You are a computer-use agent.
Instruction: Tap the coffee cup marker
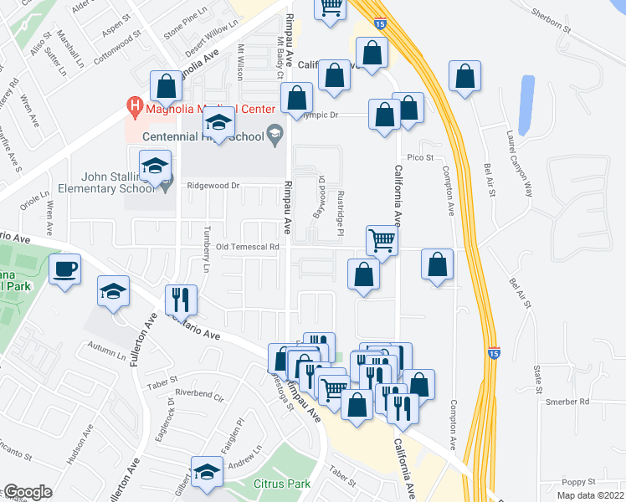coord(64,269)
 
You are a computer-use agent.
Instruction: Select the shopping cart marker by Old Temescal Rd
coord(382,240)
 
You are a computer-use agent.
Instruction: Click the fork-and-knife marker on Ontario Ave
coord(181,299)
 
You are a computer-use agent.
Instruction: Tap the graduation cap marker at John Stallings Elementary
coord(155,166)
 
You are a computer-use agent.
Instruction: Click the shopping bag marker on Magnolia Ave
coord(166,85)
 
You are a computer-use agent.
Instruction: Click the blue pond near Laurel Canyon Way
coord(526,105)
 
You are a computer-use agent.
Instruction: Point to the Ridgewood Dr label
coord(214,186)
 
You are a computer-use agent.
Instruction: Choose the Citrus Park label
coord(282,484)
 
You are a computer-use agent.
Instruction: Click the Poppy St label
coord(577,482)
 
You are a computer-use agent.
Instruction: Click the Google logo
coord(27,492)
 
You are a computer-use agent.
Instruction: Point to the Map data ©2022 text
coord(591,495)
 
